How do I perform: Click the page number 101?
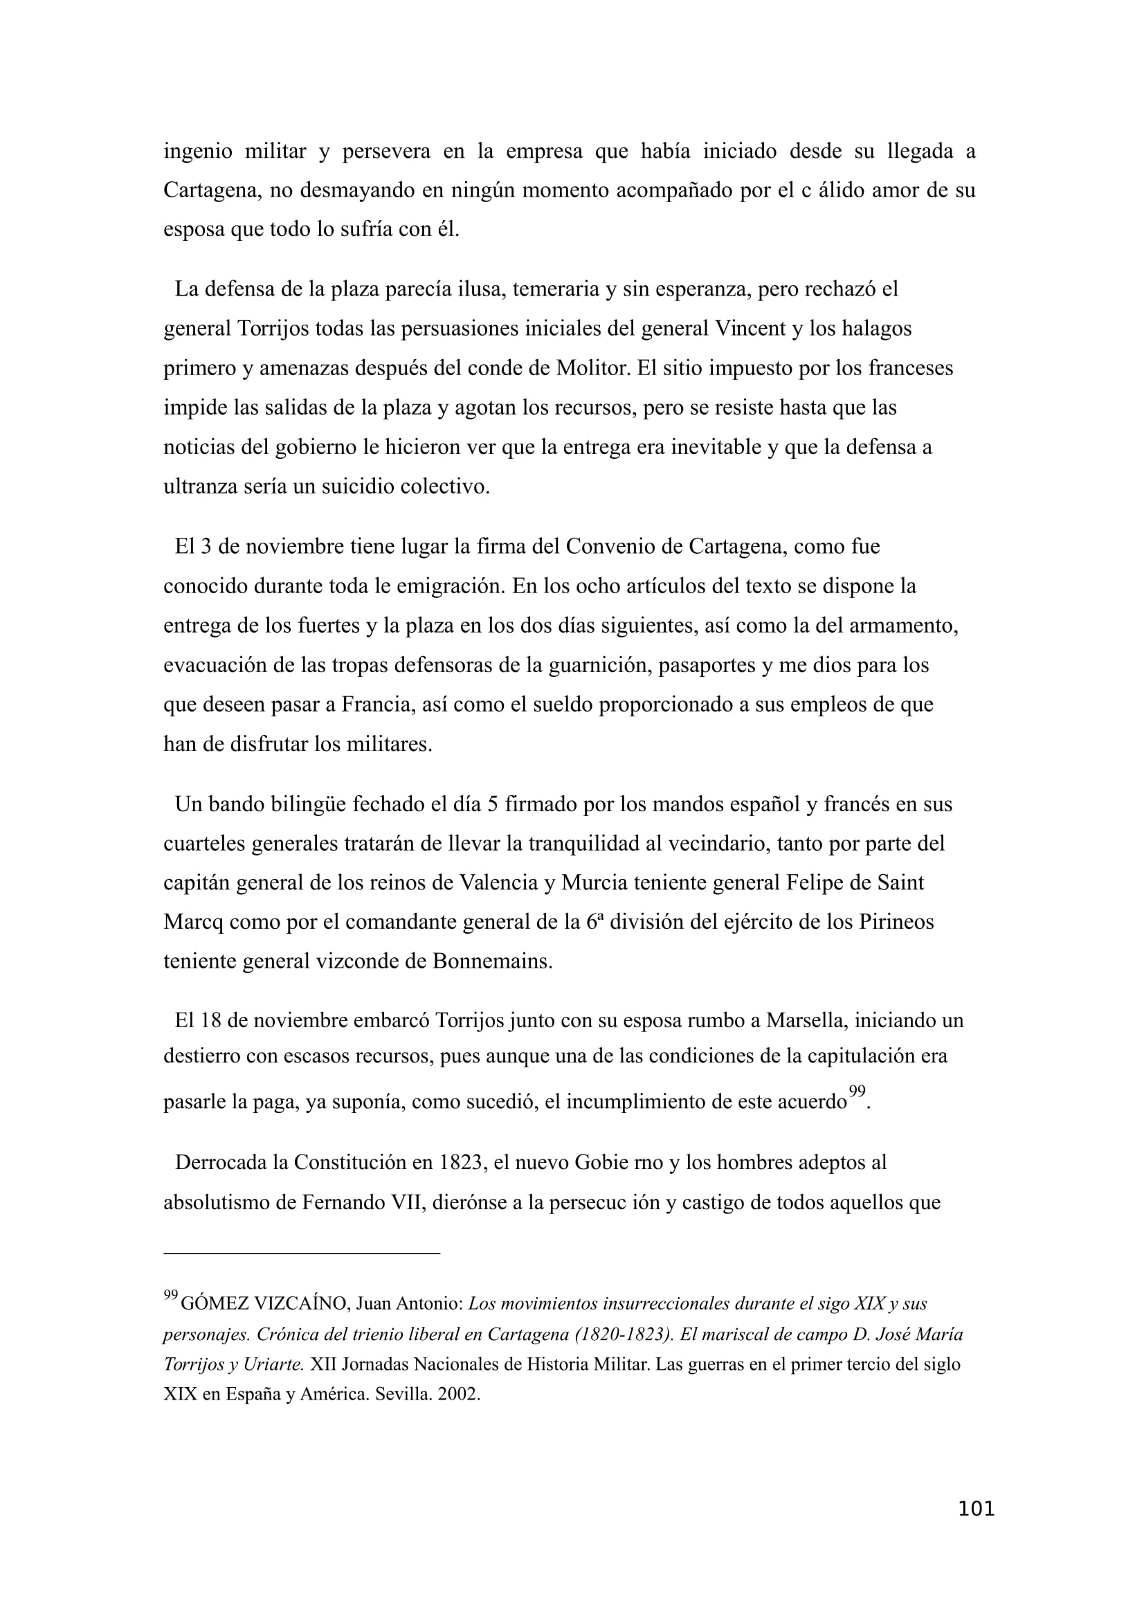coord(977,1509)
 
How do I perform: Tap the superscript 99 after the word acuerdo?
coord(856,1092)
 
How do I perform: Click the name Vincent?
coord(750,329)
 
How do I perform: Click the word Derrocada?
coord(221,1162)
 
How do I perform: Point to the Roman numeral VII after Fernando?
coord(406,1202)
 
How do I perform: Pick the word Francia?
coord(376,705)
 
